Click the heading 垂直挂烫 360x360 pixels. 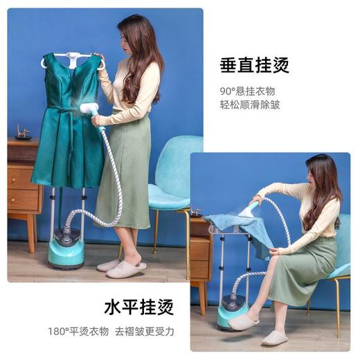click(x=254, y=66)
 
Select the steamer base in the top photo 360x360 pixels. click(x=66, y=253)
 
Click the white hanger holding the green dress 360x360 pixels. click(x=72, y=57)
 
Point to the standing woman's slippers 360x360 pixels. click(x=123, y=267)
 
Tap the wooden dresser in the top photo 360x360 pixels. click(x=23, y=183)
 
